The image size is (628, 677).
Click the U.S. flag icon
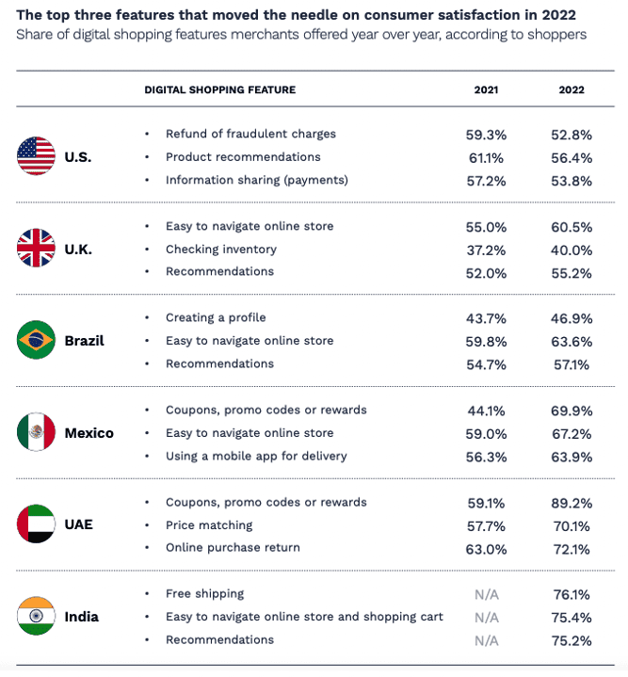(36, 156)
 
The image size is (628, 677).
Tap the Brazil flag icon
(36, 341)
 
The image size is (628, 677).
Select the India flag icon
(36, 617)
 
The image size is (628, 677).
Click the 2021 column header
(487, 90)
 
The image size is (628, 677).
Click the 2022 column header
(571, 90)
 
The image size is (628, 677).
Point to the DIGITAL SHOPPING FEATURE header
(219, 90)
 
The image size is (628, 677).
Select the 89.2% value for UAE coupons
(571, 503)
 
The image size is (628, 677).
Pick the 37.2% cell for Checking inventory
(487, 250)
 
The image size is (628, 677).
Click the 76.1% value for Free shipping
(571, 594)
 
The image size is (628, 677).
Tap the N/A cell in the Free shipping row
(487, 594)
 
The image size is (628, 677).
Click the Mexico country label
(89, 433)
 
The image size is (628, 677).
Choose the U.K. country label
(78, 250)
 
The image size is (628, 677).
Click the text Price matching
(209, 525)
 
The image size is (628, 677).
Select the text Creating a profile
(216, 318)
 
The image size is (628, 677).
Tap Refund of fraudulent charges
(250, 134)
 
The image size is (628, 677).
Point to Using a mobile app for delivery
(256, 456)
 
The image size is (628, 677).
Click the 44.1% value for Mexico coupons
(487, 411)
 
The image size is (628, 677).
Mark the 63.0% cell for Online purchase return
(487, 548)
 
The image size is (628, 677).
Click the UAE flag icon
(36, 524)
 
